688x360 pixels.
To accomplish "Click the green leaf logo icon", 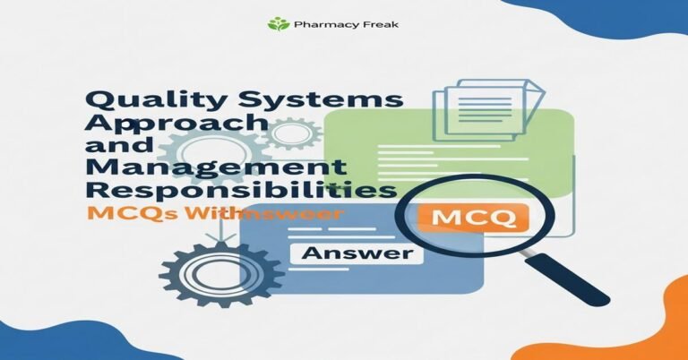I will [279, 24].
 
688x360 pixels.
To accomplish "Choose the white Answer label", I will [357, 253].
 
